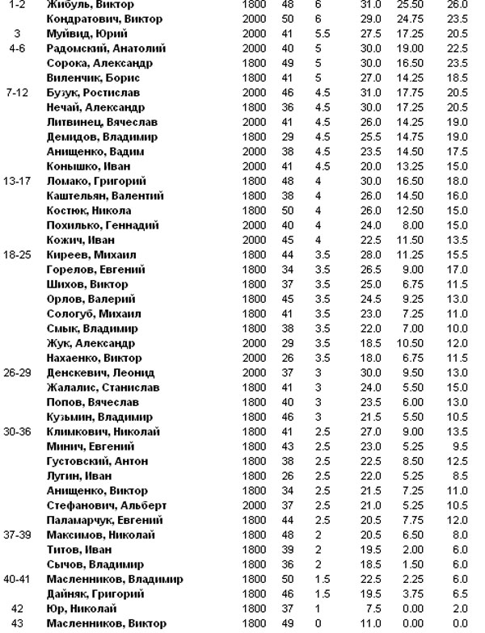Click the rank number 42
point(17,608)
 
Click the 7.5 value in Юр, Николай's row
point(373,608)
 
